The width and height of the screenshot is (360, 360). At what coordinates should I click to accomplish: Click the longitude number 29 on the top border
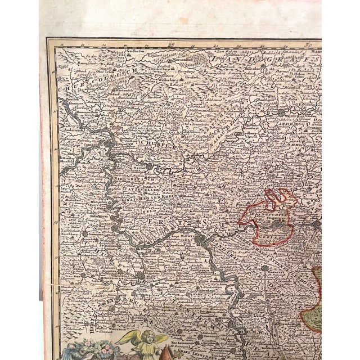tap(172, 44)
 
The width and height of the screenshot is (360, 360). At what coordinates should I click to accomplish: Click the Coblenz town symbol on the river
tap(107, 145)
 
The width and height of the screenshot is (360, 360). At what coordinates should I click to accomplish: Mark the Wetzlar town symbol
tap(281, 112)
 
